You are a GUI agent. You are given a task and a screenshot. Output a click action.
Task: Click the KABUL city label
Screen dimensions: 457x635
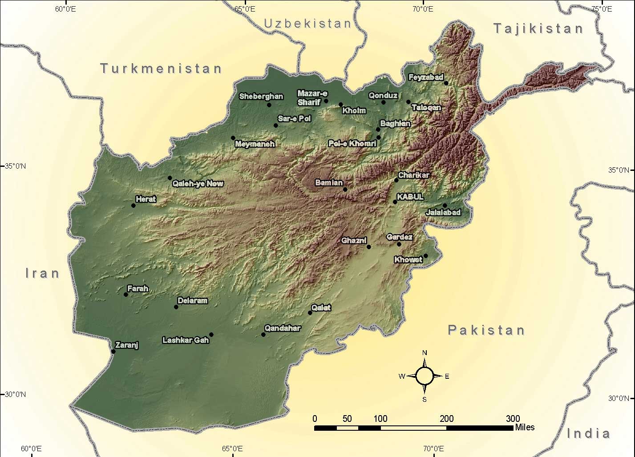(x=410, y=197)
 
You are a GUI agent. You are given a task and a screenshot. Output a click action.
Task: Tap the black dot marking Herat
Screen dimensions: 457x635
(x=133, y=206)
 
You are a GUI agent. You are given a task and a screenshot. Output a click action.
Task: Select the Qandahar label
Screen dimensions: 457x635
(x=283, y=328)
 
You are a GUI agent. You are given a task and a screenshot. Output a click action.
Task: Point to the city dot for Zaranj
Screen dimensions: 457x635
(x=113, y=352)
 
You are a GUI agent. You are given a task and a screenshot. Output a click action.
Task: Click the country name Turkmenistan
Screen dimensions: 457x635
(x=161, y=69)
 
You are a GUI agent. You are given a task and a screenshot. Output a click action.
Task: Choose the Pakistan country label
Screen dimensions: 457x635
(x=486, y=330)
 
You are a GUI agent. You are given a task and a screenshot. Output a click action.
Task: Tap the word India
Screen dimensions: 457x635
(x=588, y=433)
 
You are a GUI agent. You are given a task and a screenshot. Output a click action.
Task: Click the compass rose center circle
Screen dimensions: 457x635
(x=425, y=376)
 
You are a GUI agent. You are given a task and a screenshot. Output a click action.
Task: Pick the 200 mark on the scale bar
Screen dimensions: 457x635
(x=446, y=418)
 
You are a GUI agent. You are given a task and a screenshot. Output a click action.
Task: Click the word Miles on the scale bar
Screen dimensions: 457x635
(x=525, y=427)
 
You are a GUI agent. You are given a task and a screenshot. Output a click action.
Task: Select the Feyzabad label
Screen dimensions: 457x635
(x=426, y=77)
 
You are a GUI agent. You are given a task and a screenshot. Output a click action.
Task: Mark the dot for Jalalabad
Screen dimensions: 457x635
(x=445, y=206)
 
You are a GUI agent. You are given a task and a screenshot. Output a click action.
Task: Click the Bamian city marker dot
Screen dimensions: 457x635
(x=345, y=190)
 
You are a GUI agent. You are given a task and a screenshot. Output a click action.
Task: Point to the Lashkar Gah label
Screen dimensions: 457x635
(x=186, y=340)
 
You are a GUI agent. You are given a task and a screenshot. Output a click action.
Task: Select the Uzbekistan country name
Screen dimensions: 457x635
(x=308, y=24)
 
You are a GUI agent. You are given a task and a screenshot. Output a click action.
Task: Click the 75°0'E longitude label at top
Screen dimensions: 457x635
(x=601, y=8)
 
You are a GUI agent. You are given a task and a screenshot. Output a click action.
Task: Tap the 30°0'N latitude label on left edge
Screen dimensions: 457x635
(x=15, y=394)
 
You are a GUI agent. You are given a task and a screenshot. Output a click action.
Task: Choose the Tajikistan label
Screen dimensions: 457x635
(x=538, y=29)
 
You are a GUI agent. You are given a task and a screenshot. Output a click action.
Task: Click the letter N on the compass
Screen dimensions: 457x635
(x=425, y=353)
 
